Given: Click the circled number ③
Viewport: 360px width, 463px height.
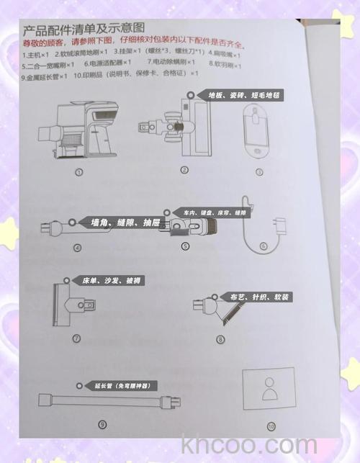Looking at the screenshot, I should tap(259, 171).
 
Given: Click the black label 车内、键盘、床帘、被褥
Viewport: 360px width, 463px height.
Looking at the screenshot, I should tap(214, 213).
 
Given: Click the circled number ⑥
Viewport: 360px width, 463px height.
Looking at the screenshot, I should tap(264, 246).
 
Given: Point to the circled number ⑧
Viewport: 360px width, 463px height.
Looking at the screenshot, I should tap(221, 338).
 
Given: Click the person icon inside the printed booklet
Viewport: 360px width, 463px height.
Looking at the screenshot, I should tap(269, 390).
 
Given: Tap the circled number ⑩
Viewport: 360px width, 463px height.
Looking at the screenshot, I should tap(271, 426).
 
